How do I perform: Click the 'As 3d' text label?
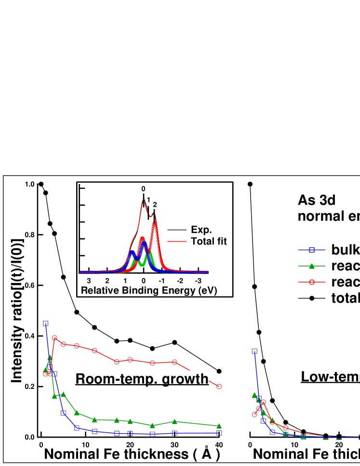(x=317, y=200)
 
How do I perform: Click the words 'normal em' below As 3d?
(x=328, y=216)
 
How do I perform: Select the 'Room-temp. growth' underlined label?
(x=142, y=379)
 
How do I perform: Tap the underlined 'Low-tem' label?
(x=330, y=376)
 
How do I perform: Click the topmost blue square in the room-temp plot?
(x=45, y=323)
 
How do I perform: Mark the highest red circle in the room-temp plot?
(x=54, y=338)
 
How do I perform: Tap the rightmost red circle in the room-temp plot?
(x=219, y=386)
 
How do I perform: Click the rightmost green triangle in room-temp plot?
(x=219, y=426)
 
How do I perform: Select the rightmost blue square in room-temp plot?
(x=219, y=433)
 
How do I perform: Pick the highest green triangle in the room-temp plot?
(x=50, y=358)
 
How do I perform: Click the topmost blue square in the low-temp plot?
(x=254, y=351)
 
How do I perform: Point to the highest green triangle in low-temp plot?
(x=254, y=395)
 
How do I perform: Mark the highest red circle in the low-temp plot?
(x=263, y=402)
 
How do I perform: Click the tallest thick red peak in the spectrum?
(x=154, y=225)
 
